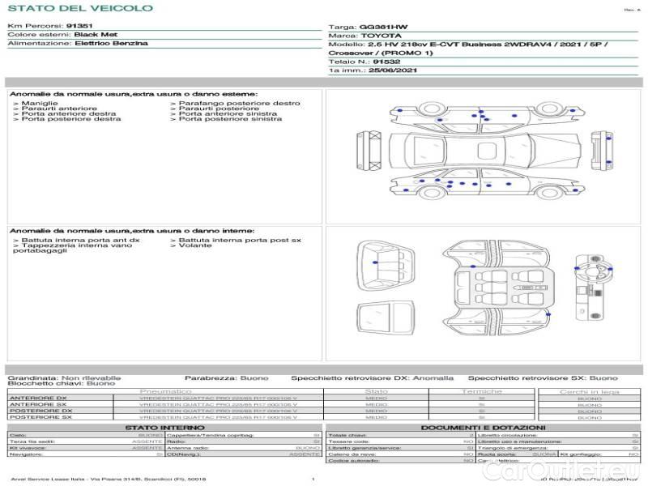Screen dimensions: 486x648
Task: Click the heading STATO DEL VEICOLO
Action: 80,8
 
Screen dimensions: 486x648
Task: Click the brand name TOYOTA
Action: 380,36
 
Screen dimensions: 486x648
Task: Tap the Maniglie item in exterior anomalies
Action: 39,104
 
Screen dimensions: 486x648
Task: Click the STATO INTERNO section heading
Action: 164,427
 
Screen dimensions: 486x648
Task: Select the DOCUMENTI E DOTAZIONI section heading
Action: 483,427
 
